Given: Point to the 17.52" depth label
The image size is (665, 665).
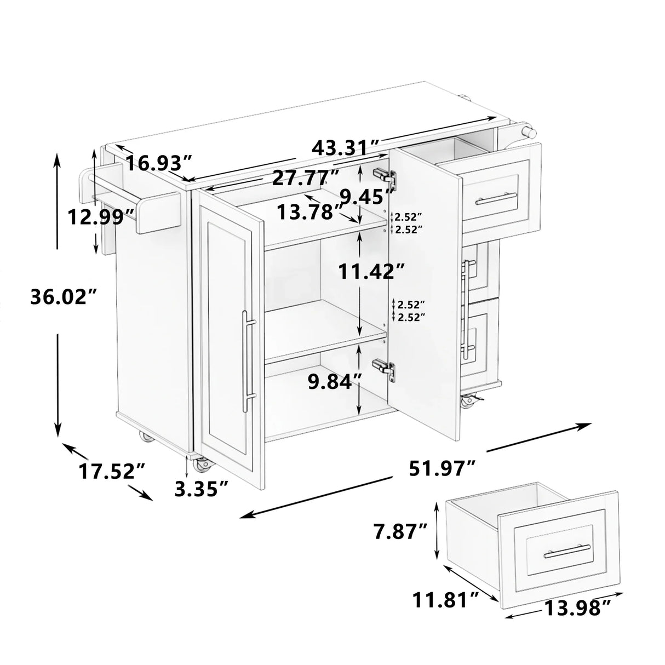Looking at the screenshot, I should (x=111, y=471).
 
